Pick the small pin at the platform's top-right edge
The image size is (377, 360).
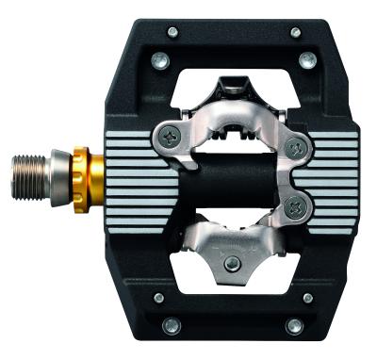click(x=295, y=32)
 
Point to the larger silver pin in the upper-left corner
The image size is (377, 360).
click(x=158, y=60)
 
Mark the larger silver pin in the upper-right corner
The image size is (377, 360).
click(x=306, y=59)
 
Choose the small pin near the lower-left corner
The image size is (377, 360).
click(x=158, y=298)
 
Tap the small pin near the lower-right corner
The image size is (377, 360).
click(x=307, y=299)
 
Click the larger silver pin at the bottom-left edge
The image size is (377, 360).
click(x=171, y=325)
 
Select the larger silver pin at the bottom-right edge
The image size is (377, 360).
click(x=295, y=326)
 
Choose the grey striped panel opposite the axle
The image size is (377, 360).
click(x=335, y=170)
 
